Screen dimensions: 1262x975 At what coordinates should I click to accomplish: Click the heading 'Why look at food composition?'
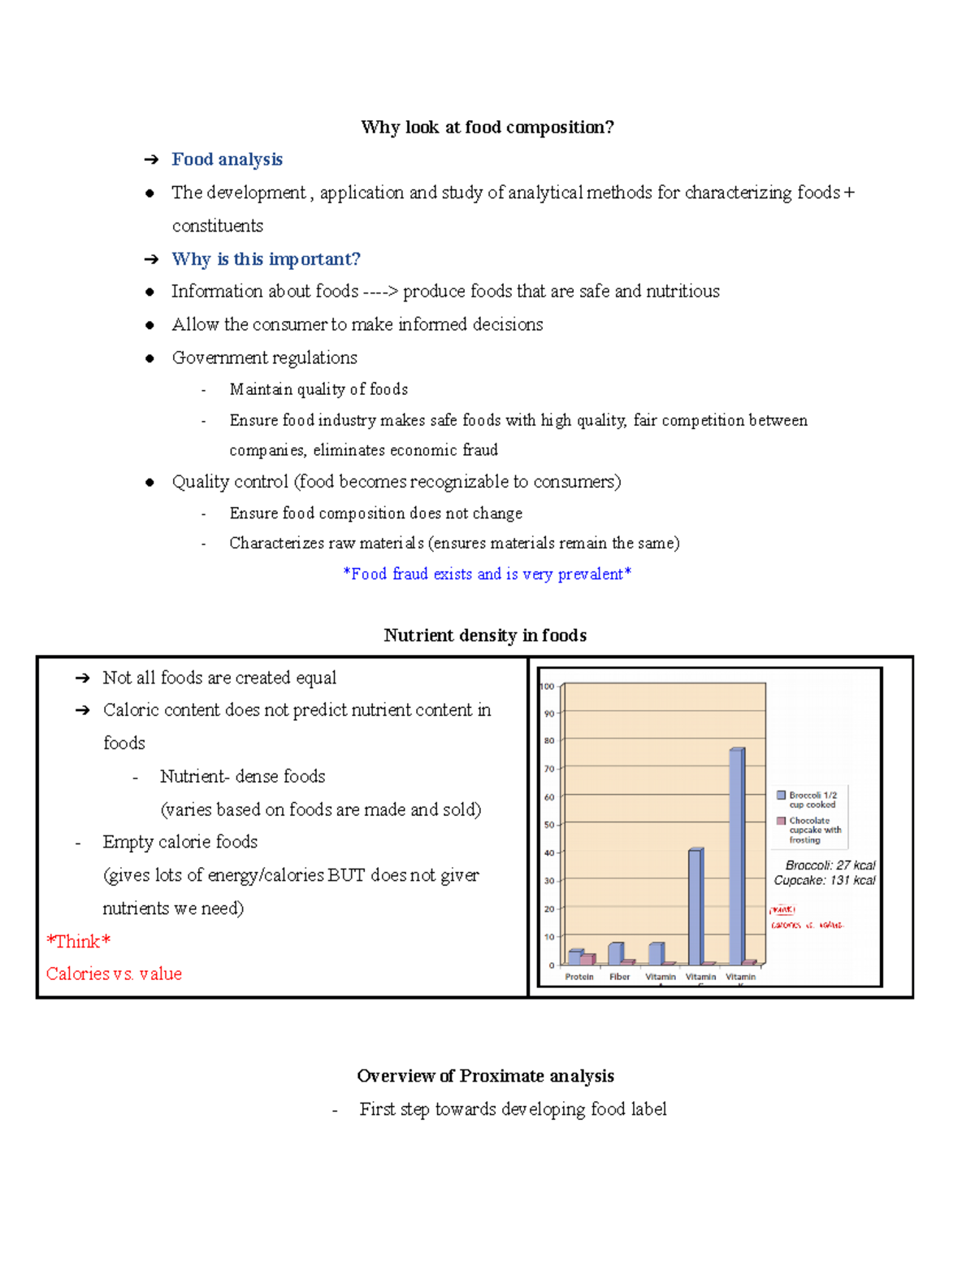tap(487, 128)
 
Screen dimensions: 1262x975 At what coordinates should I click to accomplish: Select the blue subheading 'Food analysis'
tap(227, 159)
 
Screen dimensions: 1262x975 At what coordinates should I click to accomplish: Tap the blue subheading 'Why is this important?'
tap(266, 259)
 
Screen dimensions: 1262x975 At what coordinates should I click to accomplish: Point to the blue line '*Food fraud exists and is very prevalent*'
tap(487, 574)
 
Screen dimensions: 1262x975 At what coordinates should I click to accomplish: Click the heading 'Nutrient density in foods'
tap(485, 635)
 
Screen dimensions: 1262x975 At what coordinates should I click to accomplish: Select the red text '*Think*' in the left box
tap(78, 941)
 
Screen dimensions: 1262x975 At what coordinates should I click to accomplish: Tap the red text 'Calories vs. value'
tap(114, 974)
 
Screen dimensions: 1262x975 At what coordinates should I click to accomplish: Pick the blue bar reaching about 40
tap(695, 906)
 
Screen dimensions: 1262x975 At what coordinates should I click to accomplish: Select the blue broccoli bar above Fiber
tap(615, 953)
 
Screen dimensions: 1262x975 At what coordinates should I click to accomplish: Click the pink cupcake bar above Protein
tap(587, 960)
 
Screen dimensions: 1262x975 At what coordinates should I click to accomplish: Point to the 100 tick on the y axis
tap(548, 687)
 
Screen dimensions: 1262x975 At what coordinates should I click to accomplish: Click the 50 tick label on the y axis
tap(548, 825)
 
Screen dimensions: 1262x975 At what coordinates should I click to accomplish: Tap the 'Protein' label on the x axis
tap(579, 977)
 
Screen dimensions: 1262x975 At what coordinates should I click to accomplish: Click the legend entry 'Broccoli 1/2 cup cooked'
tap(812, 800)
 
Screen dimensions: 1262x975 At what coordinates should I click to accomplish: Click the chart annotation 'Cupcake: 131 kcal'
tap(824, 880)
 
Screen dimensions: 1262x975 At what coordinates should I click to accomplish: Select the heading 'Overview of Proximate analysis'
tap(485, 1076)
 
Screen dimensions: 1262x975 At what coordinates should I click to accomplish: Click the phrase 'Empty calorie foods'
tap(180, 842)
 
